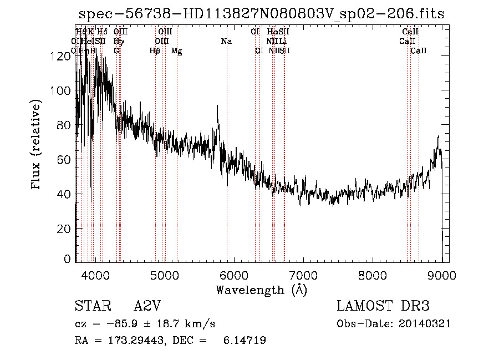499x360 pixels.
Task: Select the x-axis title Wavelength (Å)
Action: coord(261,290)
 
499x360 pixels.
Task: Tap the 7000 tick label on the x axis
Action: coord(303,275)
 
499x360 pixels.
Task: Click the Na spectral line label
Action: coord(226,42)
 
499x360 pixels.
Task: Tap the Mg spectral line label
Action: coord(176,52)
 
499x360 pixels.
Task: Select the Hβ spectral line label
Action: coord(155,51)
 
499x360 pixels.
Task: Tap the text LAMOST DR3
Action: coord(383,306)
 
